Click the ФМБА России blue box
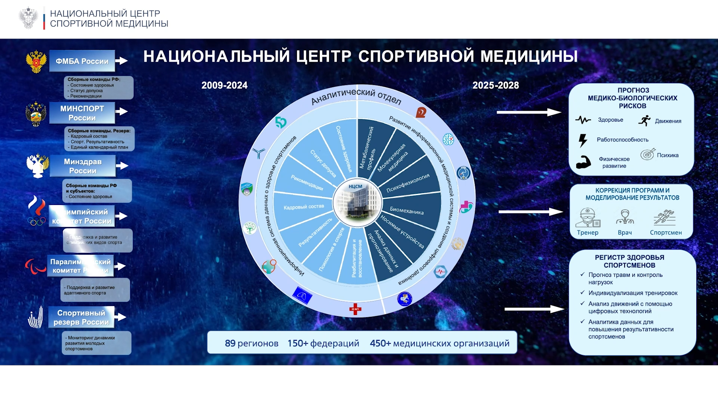click(82, 61)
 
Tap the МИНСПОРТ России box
click(82, 113)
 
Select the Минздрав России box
click(83, 166)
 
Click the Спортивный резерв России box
click(81, 317)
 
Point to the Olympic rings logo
click(37, 221)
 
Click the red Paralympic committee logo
click(36, 266)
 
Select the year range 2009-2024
click(224, 85)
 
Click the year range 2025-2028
click(495, 85)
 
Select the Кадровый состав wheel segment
click(304, 207)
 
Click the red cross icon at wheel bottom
click(355, 309)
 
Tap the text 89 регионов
click(251, 343)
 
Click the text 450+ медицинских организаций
click(439, 343)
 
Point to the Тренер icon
click(587, 218)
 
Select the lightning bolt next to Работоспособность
click(583, 140)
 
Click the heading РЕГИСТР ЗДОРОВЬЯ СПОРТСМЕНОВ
click(629, 261)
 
